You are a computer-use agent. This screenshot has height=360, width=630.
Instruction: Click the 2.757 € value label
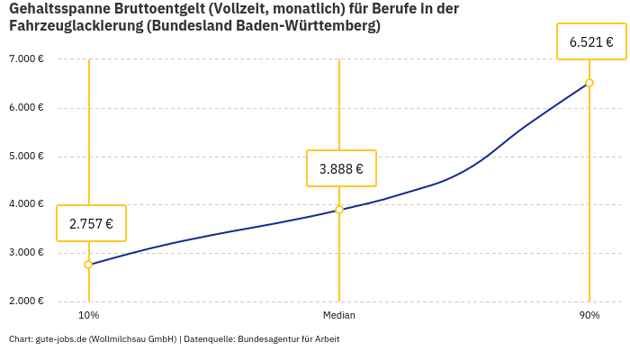click(91, 224)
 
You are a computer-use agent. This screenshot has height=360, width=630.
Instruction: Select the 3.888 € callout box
click(341, 168)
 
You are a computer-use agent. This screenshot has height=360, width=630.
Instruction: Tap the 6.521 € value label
click(591, 41)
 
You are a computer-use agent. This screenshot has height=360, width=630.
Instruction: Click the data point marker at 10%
click(88, 265)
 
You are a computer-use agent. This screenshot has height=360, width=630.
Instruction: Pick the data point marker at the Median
click(339, 210)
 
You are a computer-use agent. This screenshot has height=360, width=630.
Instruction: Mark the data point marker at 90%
click(589, 83)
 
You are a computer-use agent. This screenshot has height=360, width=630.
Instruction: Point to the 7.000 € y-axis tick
click(26, 59)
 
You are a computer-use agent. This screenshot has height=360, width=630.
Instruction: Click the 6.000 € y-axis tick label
click(26, 108)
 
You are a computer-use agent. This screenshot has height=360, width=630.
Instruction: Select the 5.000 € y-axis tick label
click(26, 157)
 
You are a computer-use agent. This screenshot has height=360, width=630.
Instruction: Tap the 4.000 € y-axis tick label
click(26, 204)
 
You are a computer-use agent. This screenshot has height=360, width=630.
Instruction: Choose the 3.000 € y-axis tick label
click(26, 253)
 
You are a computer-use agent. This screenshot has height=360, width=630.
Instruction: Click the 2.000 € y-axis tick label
click(26, 301)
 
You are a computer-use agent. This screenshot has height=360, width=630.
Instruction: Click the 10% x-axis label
click(88, 316)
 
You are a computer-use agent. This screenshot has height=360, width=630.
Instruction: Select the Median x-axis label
click(339, 316)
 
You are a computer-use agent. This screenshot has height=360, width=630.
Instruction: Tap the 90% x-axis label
click(589, 316)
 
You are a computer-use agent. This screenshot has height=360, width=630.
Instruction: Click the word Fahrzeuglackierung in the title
click(76, 26)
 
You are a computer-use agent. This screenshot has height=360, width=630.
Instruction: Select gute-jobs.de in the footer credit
click(60, 339)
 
